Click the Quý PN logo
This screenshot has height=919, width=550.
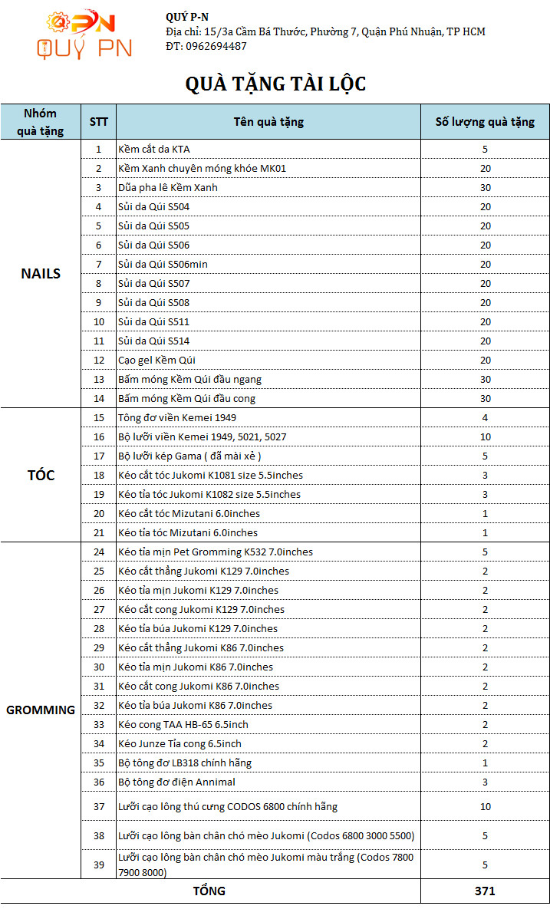pyautogui.click(x=84, y=35)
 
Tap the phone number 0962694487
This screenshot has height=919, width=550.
pyautogui.click(x=216, y=46)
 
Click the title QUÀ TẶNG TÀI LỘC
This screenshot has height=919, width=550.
pyautogui.click(x=275, y=84)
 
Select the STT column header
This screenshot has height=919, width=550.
pyautogui.click(x=98, y=121)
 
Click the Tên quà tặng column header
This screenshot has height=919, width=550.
pyautogui.click(x=268, y=121)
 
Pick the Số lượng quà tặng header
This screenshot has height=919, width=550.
pyautogui.click(x=485, y=121)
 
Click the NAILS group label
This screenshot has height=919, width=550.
pyautogui.click(x=41, y=274)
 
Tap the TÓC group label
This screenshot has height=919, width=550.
pyautogui.click(x=41, y=475)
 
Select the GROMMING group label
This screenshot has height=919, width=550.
pyautogui.click(x=41, y=710)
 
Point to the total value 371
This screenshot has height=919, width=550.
pyautogui.click(x=485, y=891)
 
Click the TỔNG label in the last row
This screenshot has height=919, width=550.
pyautogui.click(x=209, y=891)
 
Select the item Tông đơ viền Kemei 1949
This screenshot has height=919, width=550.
pyautogui.click(x=177, y=417)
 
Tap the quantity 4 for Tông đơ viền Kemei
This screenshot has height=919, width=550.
pyautogui.click(x=485, y=417)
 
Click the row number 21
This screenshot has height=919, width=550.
pyautogui.click(x=98, y=532)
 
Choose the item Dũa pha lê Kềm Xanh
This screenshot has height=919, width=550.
pyautogui.click(x=168, y=187)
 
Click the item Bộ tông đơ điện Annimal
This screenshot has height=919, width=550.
pyautogui.click(x=176, y=782)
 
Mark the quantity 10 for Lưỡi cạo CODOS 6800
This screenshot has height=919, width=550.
pyautogui.click(x=485, y=806)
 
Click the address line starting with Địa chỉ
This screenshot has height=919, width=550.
pyautogui.click(x=325, y=31)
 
